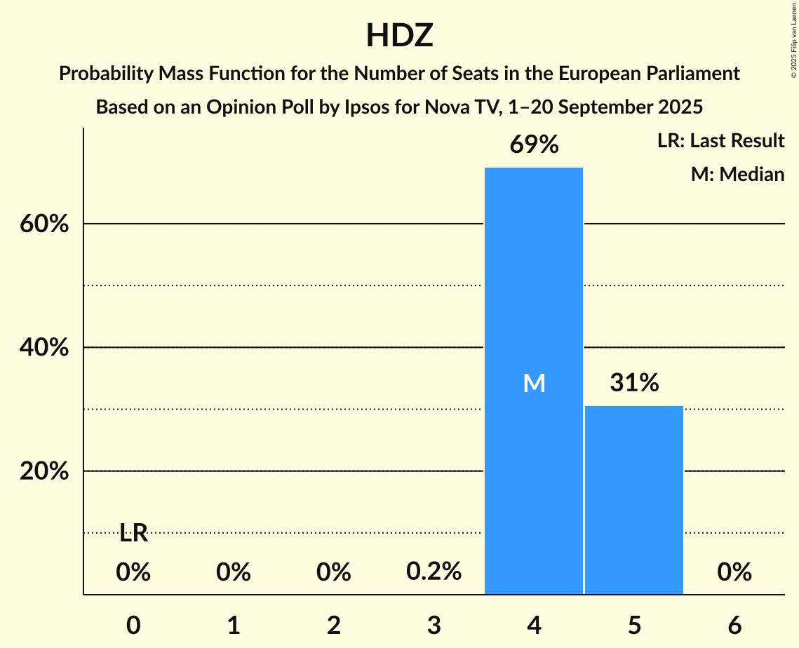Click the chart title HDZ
(399, 36)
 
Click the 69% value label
(534, 145)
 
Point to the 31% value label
(634, 383)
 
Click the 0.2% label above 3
(434, 572)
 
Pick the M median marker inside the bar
(534, 383)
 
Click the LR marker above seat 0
(133, 534)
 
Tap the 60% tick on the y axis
(44, 224)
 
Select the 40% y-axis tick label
(44, 348)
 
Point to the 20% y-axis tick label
(44, 471)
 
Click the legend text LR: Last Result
(720, 141)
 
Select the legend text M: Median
(737, 174)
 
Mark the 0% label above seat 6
(734, 573)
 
